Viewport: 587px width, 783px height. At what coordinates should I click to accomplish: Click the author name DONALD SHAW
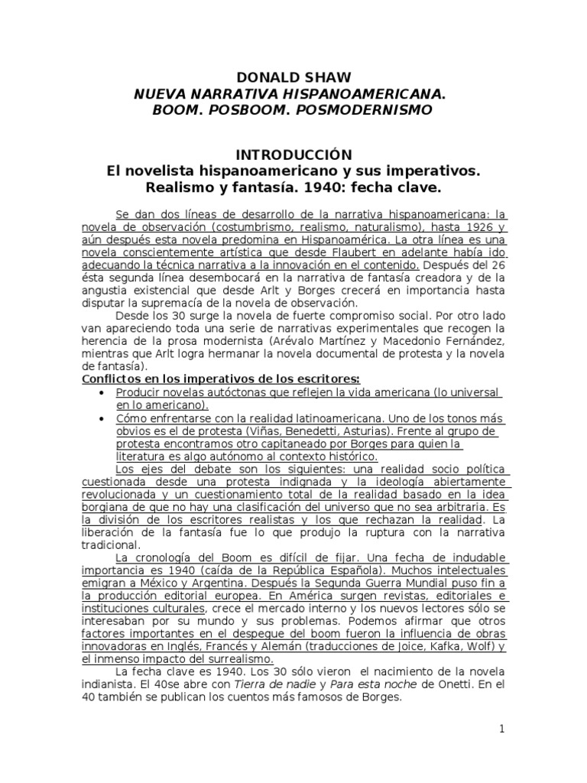click(x=293, y=79)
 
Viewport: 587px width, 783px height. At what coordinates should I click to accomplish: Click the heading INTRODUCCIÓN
click(x=293, y=155)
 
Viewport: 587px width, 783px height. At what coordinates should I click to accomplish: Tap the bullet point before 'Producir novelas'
click(x=102, y=392)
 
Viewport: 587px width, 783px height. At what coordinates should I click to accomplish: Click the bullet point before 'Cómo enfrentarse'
click(x=102, y=419)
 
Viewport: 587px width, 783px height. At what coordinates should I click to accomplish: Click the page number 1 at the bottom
click(x=502, y=729)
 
